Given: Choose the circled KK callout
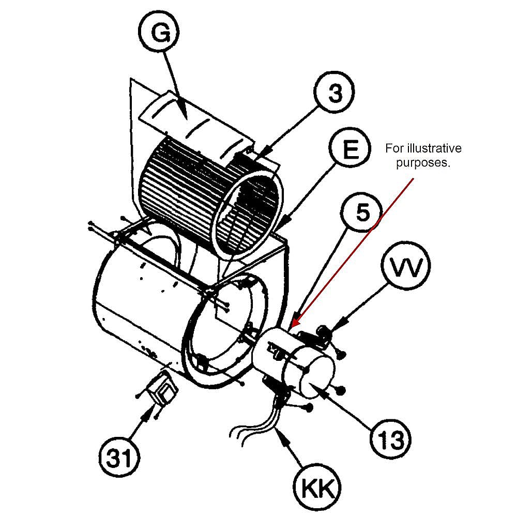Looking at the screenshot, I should tap(317, 486).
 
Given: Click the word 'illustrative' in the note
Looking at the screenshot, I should tap(436, 149).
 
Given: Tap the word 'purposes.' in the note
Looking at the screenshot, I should tap(423, 163).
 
